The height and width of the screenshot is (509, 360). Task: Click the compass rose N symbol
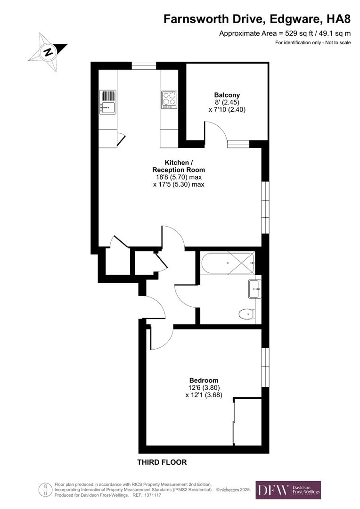coord(48,51)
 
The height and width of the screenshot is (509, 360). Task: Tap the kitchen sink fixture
coord(108,102)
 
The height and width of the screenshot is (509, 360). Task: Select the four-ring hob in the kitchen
coord(169,99)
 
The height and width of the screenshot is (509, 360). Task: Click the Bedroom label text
coord(204,380)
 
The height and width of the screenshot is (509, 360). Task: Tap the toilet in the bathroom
coord(246,313)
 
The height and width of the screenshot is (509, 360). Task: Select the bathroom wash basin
coord(254,288)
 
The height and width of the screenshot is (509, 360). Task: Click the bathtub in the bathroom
coord(228,263)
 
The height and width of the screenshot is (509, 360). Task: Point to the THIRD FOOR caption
coord(162,462)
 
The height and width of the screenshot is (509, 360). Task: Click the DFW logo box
coord(288,490)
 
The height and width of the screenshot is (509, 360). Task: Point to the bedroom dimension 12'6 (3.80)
coord(204,388)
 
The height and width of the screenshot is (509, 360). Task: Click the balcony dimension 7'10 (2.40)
coord(227,109)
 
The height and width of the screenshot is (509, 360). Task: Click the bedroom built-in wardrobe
coord(247,421)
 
